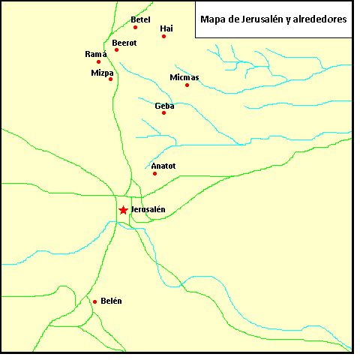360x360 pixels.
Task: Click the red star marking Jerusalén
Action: pyautogui.click(x=123, y=210)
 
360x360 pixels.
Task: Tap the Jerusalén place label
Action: pyautogui.click(x=148, y=209)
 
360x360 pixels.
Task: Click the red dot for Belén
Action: pyautogui.click(x=94, y=301)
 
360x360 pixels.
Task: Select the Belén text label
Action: pyautogui.click(x=111, y=301)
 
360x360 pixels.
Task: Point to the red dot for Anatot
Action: pyautogui.click(x=154, y=173)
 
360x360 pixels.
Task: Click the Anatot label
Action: pyautogui.click(x=163, y=165)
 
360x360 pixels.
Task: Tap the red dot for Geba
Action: pyautogui.click(x=163, y=112)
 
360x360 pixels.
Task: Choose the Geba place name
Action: pyautogui.click(x=164, y=106)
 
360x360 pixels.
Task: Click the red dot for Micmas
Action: pyautogui.click(x=187, y=85)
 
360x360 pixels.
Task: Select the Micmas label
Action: pyautogui.click(x=184, y=77)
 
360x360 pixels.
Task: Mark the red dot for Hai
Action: pyautogui.click(x=163, y=36)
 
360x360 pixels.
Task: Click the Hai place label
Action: pyautogui.click(x=166, y=28)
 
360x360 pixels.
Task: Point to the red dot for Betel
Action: pyautogui.click(x=135, y=27)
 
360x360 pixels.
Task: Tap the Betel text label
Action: pyautogui.click(x=140, y=19)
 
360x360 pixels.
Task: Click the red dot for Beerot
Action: pyautogui.click(x=116, y=50)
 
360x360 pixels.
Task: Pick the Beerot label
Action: pyautogui.click(x=124, y=43)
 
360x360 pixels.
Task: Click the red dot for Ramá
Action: pyautogui.click(x=98, y=61)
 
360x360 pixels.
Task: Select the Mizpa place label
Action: pyautogui.click(x=102, y=73)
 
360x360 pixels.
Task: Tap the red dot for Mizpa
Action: pyautogui.click(x=111, y=79)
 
